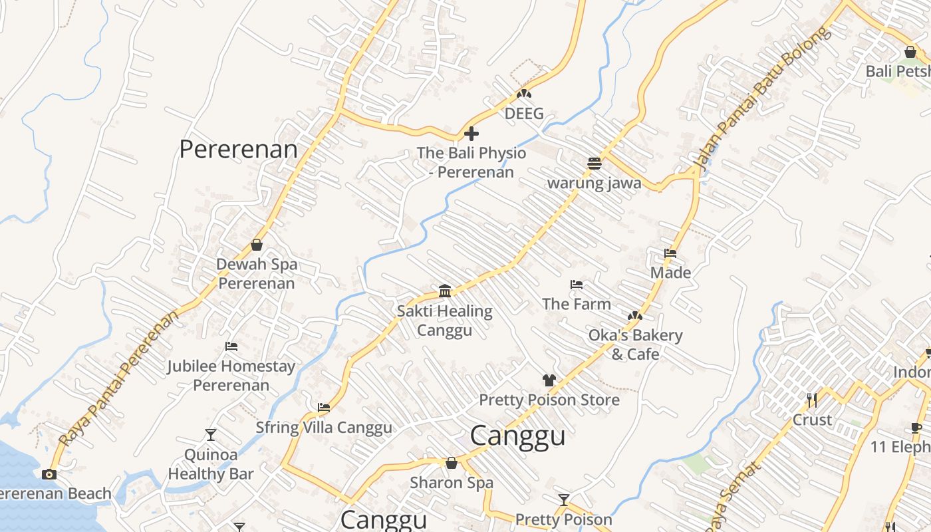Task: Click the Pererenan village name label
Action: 238,149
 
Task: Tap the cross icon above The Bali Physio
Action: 471,134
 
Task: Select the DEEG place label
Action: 524,114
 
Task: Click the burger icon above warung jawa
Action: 595,163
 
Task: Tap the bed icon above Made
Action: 670,253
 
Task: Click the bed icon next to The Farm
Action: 577,285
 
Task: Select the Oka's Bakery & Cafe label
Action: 635,344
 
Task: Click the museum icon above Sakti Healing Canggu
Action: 445,291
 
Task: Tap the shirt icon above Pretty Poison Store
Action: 549,380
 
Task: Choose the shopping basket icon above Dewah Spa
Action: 257,245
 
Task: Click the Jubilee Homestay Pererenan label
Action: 231,376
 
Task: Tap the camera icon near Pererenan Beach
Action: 49,474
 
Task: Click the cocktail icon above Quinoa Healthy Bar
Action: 211,435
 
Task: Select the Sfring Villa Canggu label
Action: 324,427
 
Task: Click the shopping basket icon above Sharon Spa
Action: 452,463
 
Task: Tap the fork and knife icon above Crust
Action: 812,400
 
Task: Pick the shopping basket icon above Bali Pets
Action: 910,52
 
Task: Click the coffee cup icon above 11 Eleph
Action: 916,428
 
